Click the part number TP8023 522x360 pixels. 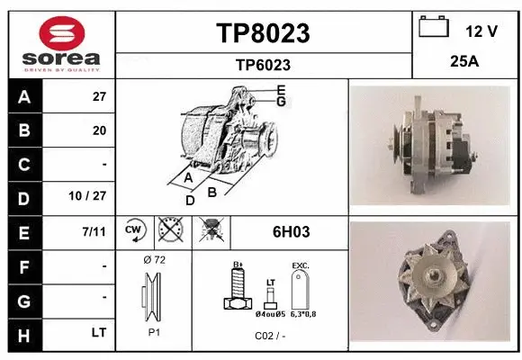pos(264,33)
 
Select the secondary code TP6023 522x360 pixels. pos(263,64)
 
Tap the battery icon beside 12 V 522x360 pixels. pos(433,28)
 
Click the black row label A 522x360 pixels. pos(23,96)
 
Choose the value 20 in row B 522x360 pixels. pos(99,130)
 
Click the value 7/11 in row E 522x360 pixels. pos(93,232)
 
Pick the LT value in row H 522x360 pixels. pos(99,333)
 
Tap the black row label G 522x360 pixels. pos(23,300)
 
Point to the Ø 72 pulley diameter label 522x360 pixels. pos(153,259)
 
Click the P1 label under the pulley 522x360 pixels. pos(153,331)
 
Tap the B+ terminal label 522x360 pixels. pos(238,265)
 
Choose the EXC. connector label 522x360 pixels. pos(300,266)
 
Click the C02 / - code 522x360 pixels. pos(270,336)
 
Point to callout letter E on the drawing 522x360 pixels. pos(281,90)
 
